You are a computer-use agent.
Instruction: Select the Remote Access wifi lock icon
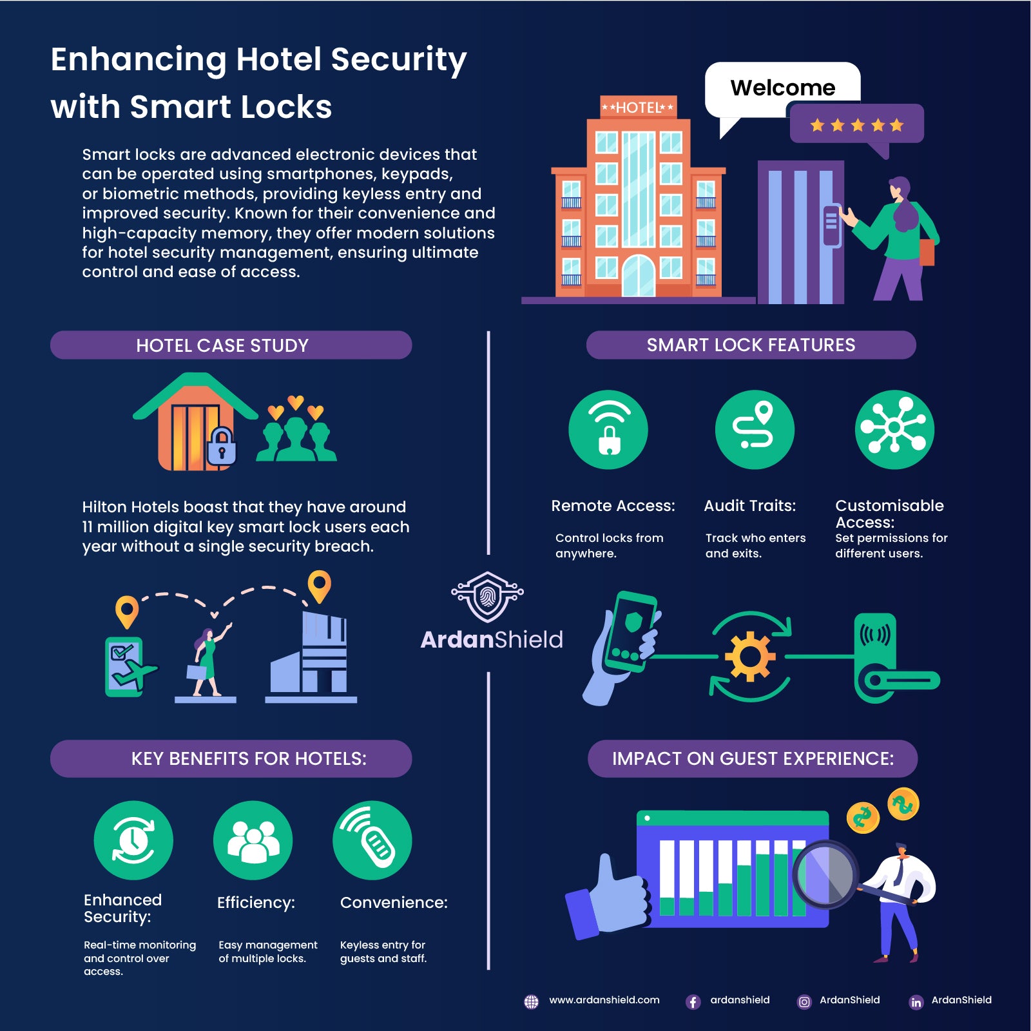[608, 429]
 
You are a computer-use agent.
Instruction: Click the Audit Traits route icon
[755, 429]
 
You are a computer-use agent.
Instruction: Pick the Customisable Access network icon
[894, 429]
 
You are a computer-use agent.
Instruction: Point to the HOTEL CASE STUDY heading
[222, 345]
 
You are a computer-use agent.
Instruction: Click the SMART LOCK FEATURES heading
[751, 345]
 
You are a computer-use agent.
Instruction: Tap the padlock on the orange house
[222, 446]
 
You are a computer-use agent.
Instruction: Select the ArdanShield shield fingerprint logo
[488, 596]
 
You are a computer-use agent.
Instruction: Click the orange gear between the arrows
[750, 657]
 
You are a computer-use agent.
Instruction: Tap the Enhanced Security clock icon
[133, 840]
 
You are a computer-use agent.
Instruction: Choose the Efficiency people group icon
[253, 840]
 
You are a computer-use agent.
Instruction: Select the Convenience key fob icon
[372, 840]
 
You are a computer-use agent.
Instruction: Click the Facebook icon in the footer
[693, 1002]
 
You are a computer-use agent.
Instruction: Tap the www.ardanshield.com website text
[604, 1000]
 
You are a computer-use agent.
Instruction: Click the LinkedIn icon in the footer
[916, 1002]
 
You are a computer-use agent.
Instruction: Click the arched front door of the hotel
[639, 276]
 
